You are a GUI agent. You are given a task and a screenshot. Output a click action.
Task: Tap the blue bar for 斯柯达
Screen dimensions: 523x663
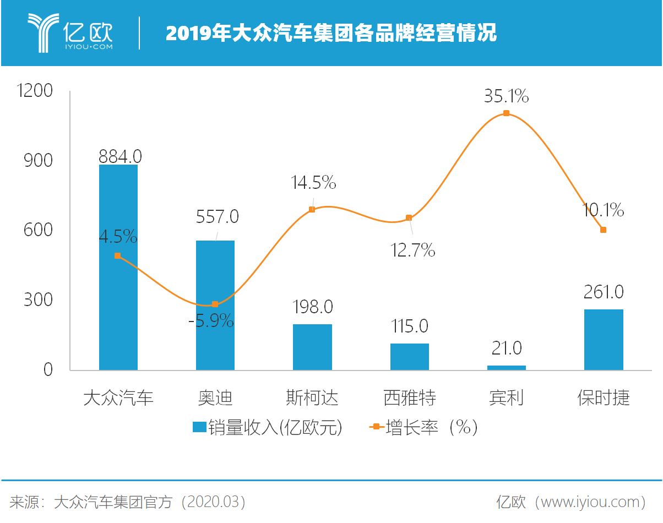click(x=312, y=347)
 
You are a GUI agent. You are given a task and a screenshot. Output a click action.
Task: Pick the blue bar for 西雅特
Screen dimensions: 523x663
click(x=409, y=356)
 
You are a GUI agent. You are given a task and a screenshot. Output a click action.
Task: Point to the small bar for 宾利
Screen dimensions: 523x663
click(x=506, y=367)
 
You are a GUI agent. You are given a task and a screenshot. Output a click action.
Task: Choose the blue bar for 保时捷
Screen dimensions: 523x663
click(x=604, y=339)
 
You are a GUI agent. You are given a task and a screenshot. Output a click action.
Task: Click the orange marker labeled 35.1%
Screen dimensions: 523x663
click(x=506, y=113)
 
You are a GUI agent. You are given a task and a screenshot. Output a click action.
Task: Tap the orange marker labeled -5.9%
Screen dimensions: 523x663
click(x=215, y=304)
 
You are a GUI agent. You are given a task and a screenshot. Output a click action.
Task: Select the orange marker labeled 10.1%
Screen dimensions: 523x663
click(x=603, y=230)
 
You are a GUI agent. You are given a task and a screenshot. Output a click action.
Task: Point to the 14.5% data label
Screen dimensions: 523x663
click(x=313, y=182)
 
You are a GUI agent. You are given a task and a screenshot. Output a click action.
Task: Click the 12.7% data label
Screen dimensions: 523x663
click(x=412, y=250)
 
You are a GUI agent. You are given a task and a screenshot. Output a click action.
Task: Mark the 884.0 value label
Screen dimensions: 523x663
click(x=120, y=156)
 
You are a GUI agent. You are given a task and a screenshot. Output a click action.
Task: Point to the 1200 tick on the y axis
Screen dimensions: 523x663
click(x=35, y=91)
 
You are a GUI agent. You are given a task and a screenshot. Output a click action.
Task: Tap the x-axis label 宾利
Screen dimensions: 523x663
click(x=506, y=397)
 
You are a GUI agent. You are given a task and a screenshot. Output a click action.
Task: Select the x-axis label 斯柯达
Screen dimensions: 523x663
click(x=312, y=397)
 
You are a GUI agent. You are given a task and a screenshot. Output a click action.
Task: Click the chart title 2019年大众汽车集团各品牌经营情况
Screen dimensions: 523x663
click(x=331, y=34)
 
